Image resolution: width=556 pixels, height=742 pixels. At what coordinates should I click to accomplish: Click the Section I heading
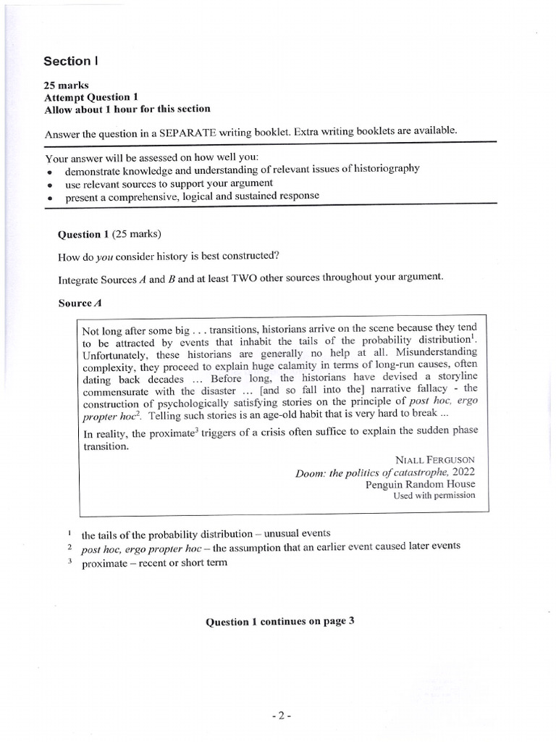tap(69, 62)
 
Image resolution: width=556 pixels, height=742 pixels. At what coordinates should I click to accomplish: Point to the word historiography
tap(382, 169)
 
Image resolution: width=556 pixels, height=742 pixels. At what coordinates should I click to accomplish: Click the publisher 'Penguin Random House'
tap(421, 484)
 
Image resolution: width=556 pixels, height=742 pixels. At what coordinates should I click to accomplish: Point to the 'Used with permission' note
tap(434, 496)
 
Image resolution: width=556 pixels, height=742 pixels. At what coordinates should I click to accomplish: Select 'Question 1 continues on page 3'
tap(279, 622)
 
